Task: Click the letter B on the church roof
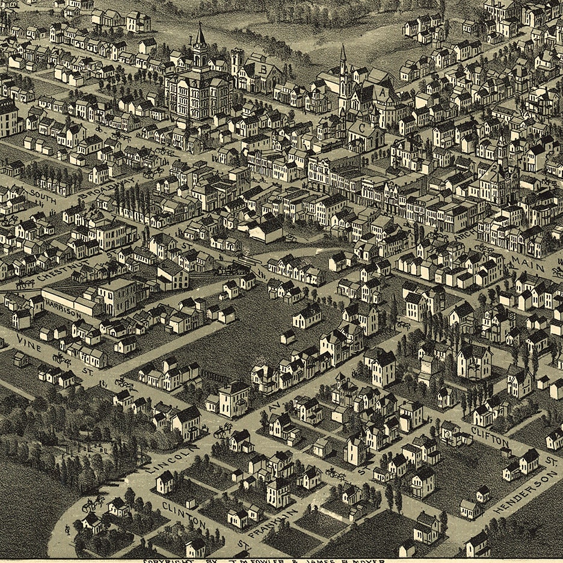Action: [263, 69]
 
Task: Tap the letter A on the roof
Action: [381, 93]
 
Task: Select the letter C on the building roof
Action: [362, 128]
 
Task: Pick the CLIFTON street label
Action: [490, 436]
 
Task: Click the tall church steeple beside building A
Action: [343, 60]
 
